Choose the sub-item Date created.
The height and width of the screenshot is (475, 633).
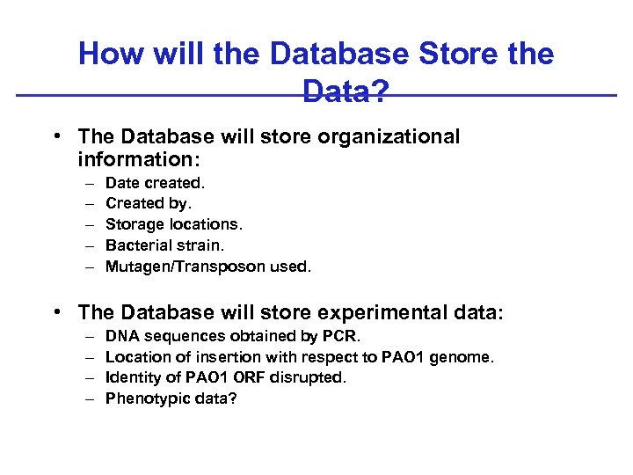(155, 183)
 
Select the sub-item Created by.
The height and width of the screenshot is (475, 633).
(148, 203)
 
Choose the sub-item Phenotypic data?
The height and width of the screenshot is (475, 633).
(171, 398)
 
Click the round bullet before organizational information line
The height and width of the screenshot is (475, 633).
(56, 137)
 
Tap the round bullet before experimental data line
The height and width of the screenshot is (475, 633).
(56, 312)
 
